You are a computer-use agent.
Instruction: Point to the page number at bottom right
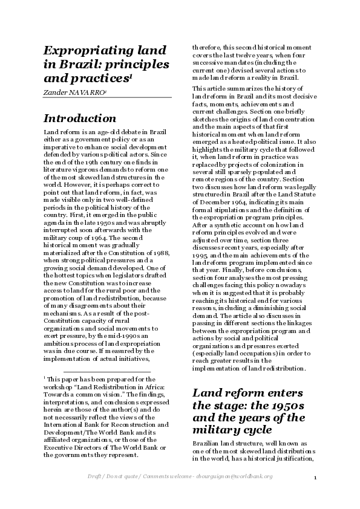315,478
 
